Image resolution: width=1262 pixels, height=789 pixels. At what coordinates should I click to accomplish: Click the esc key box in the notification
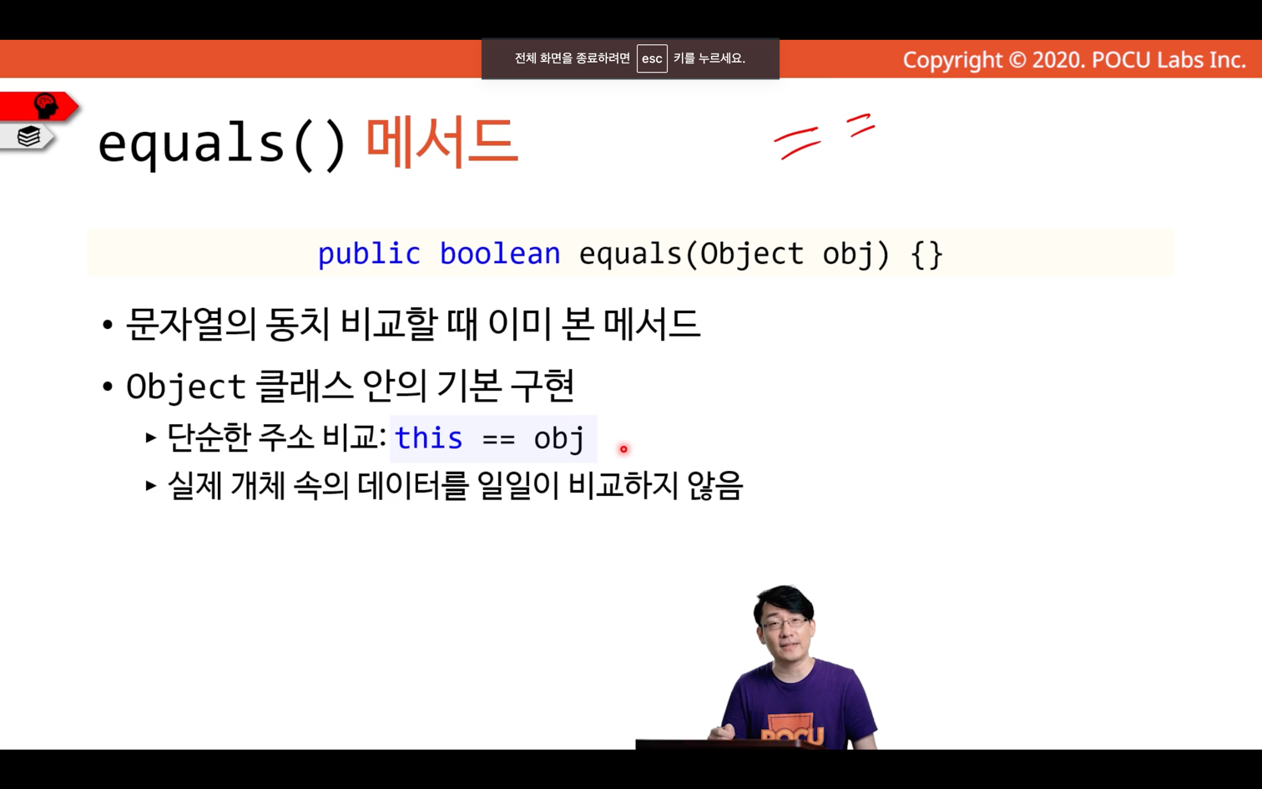(652, 58)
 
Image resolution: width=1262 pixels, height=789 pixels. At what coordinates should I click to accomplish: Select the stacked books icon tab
(28, 136)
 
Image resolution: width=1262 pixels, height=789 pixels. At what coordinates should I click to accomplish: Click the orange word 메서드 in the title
(442, 143)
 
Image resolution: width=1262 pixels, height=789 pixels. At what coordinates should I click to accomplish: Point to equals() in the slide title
(222, 144)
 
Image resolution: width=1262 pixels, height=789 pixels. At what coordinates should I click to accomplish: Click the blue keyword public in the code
(369, 254)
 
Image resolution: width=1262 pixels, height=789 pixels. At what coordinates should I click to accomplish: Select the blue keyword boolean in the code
(500, 254)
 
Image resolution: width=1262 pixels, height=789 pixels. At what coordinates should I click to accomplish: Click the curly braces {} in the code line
(926, 255)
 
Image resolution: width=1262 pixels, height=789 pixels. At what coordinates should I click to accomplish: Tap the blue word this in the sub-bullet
(428, 437)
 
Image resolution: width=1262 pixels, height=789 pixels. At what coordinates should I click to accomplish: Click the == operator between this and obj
(498, 439)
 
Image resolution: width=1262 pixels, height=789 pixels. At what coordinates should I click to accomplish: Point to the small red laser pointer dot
(623, 449)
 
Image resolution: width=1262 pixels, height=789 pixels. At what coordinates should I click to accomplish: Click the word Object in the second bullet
(186, 387)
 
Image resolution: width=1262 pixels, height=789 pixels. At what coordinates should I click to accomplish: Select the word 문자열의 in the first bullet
(192, 324)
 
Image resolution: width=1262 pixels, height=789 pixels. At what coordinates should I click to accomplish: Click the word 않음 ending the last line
(715, 485)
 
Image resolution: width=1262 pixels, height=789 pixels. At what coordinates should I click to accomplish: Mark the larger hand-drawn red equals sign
(797, 143)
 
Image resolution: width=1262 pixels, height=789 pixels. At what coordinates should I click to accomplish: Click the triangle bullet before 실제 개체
(150, 486)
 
